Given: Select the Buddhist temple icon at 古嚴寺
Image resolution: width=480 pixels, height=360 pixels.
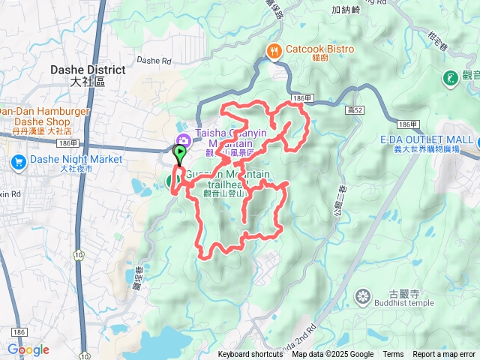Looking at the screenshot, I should click(363, 296).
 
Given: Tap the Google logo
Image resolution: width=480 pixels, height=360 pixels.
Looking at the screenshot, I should click(28, 349).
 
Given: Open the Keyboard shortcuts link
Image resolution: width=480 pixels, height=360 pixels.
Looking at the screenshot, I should click(250, 355).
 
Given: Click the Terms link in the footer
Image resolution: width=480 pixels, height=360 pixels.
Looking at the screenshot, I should click(393, 355).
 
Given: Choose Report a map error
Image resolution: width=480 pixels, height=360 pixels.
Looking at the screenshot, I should click(444, 355).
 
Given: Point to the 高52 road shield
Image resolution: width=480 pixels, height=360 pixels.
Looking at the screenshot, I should click(355, 110).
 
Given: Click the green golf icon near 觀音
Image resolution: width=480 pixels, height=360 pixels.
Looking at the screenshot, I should click(450, 77).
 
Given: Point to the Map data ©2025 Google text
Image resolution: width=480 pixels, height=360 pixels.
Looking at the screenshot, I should click(333, 355).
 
